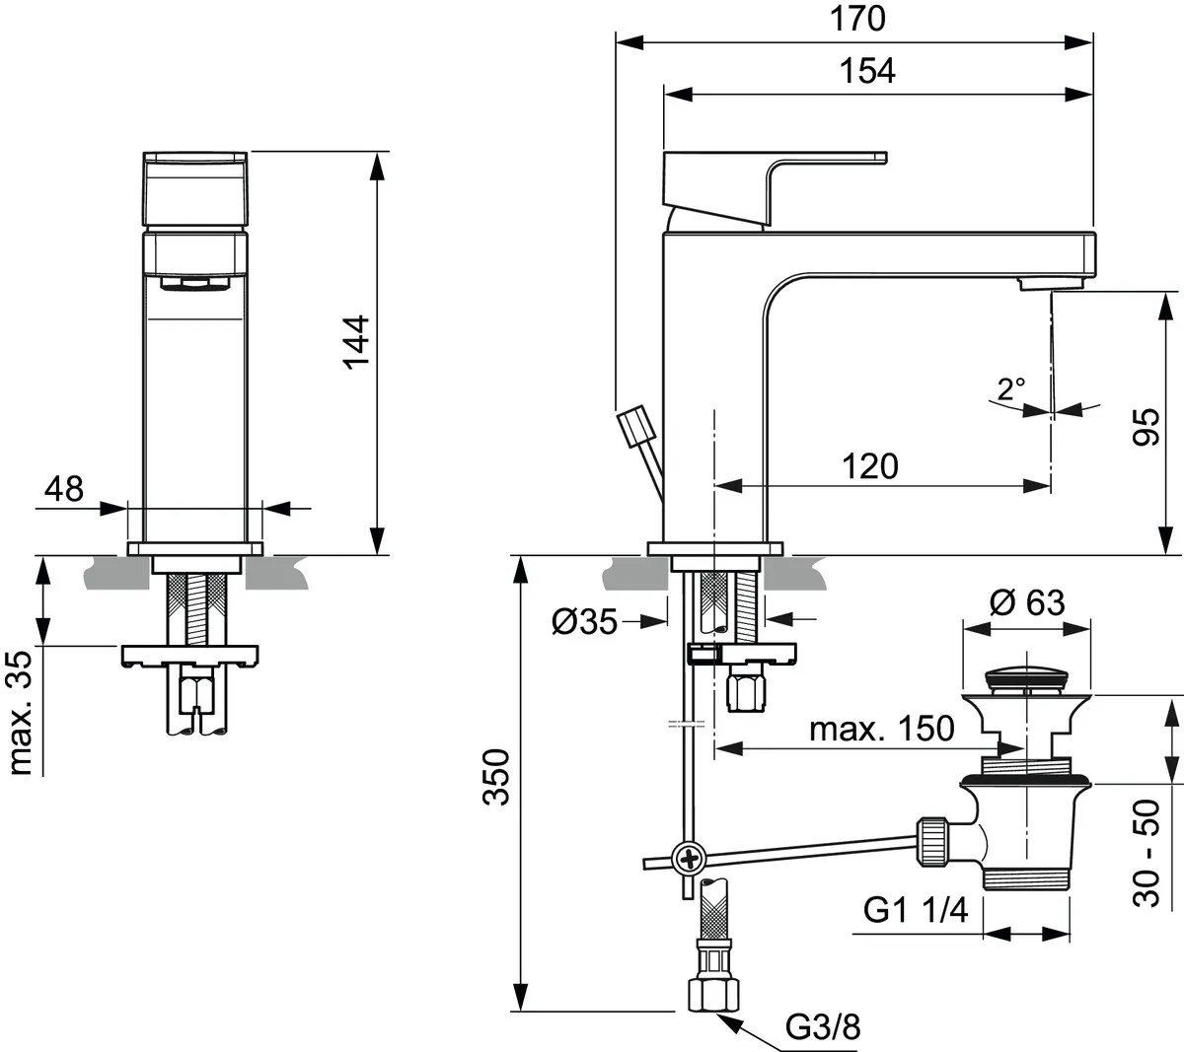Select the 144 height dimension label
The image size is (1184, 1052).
355,341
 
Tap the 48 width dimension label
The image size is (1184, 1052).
64,488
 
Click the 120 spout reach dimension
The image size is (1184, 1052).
869,465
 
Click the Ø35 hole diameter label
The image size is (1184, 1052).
584,621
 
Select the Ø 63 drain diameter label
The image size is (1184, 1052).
1026,601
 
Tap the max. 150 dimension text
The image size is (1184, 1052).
881,729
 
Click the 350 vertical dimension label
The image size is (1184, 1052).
498,777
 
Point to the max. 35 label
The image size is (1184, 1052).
21,711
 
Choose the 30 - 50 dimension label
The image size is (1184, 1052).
1147,855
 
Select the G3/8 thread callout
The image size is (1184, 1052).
823,1027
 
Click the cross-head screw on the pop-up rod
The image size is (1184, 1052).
687,860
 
